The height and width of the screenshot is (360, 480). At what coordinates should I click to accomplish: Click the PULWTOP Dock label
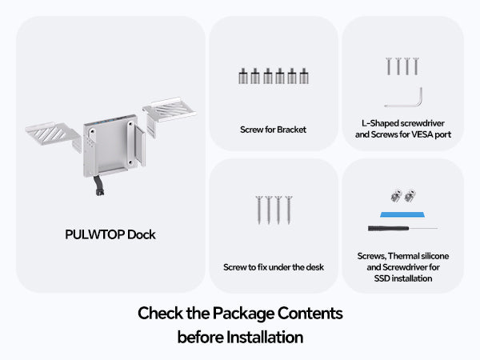point(110,235)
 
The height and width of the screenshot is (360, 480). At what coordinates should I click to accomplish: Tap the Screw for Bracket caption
point(273,129)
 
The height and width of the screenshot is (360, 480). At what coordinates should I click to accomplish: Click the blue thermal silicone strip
point(402,216)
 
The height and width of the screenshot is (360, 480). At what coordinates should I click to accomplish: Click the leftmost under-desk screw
point(258,210)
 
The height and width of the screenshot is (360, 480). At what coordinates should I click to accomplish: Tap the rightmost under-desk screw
point(288,210)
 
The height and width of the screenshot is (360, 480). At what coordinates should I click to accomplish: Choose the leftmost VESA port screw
point(388,66)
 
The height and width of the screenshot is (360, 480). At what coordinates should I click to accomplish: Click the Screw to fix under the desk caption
point(274,267)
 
